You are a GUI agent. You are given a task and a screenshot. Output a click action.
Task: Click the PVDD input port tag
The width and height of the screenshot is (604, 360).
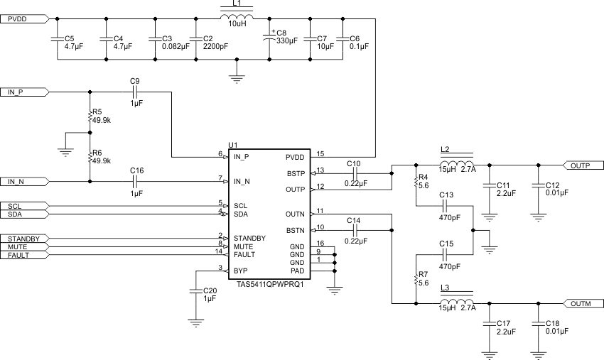pyautogui.click(x=26, y=19)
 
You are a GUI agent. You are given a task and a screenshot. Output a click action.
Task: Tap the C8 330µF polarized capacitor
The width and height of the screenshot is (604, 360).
pyautogui.click(x=269, y=39)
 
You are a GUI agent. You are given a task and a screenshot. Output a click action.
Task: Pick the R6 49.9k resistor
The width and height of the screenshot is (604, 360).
pyautogui.click(x=90, y=156)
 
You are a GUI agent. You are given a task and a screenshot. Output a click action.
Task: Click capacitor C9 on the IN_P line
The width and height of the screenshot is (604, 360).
pyautogui.click(x=134, y=92)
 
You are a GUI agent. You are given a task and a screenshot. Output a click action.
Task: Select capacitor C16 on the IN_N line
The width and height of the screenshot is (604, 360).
pyautogui.click(x=134, y=181)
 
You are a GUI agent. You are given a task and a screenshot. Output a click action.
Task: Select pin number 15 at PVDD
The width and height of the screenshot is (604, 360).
pyautogui.click(x=320, y=153)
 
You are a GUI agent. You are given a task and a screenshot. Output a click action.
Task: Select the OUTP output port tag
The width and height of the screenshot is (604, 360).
pyautogui.click(x=583, y=165)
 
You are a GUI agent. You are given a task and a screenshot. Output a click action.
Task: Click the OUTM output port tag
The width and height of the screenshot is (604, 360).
pyautogui.click(x=583, y=304)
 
